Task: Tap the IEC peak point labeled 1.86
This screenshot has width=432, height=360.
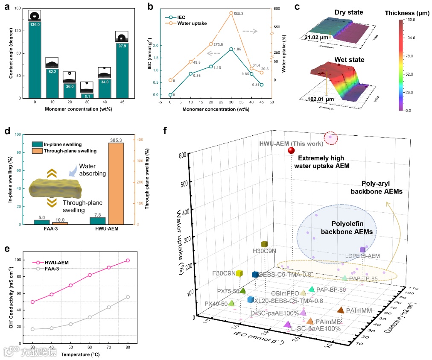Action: (x=231, y=49)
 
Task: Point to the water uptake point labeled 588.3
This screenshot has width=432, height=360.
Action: (x=231, y=13)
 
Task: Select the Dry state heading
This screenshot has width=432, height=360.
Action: (x=348, y=12)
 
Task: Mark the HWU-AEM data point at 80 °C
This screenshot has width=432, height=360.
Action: (x=128, y=260)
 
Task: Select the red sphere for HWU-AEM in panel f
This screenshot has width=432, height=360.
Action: (x=292, y=150)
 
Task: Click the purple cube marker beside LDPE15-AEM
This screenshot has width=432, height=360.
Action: (x=362, y=250)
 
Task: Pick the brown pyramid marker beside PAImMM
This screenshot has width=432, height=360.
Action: (x=341, y=310)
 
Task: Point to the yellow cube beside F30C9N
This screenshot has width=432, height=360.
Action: (x=239, y=273)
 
